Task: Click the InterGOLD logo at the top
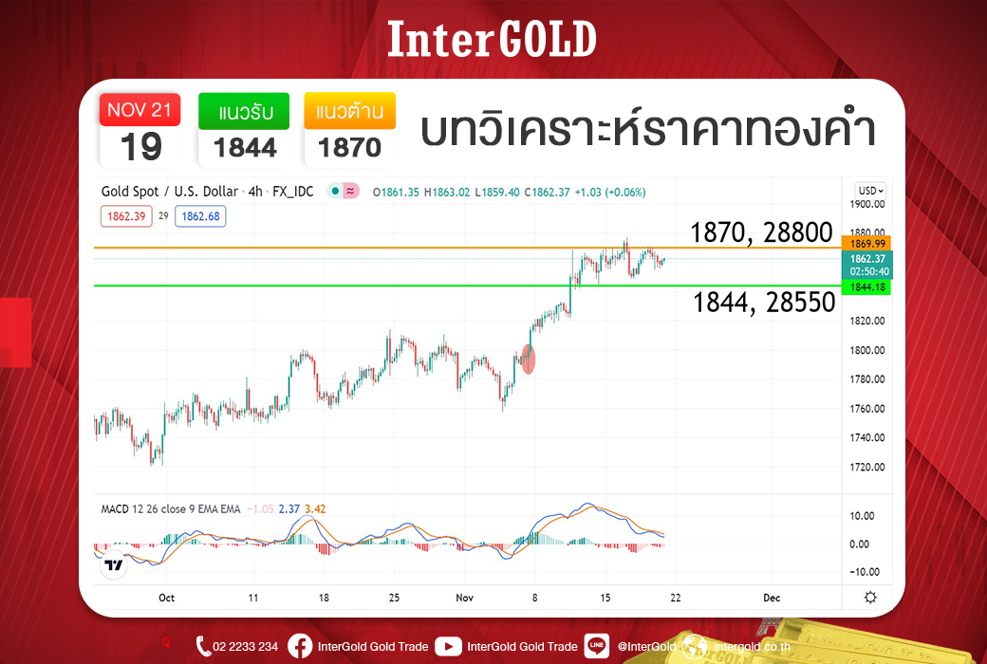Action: coord(492,39)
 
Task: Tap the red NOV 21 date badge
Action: coord(140,109)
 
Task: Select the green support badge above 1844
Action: coord(244,111)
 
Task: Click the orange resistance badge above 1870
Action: coord(350,111)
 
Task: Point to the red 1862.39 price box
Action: coord(126,216)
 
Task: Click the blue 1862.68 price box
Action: coord(200,216)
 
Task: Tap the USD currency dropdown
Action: coord(871,191)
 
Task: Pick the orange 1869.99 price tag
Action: coord(866,244)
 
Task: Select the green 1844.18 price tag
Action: coord(866,287)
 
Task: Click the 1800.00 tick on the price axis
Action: coord(867,350)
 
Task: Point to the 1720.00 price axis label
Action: coord(867,467)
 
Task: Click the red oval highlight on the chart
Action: coord(529,360)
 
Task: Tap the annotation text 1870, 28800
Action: coord(762,232)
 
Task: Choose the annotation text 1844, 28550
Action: coord(764,303)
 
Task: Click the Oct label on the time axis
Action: coord(166,598)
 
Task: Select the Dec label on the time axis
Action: coord(772,598)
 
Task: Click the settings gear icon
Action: coord(870,598)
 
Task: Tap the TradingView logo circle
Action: coord(114,565)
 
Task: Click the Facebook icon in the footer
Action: coord(300,646)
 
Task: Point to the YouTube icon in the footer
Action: coord(448,646)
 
